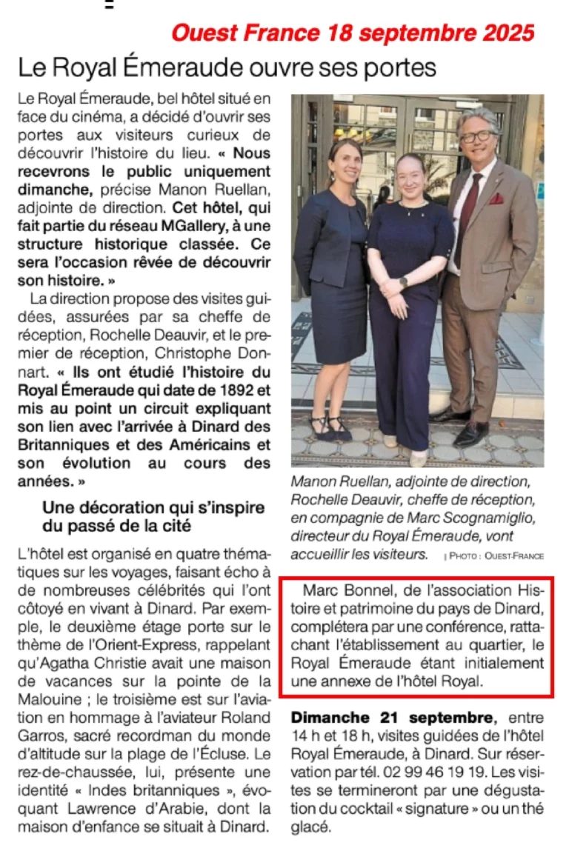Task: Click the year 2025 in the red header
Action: (505, 33)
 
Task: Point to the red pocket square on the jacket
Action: (516, 198)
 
